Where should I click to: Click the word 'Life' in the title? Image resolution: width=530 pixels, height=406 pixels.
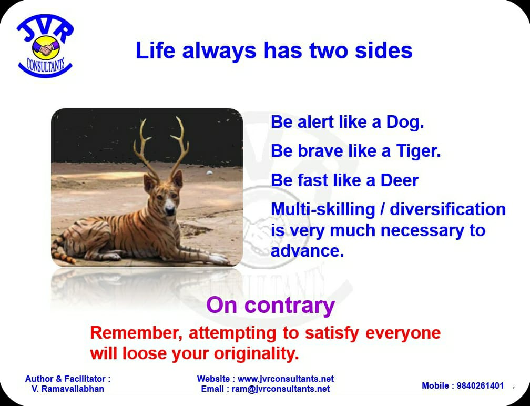155,50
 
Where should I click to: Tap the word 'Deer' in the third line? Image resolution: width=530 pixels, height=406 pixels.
400,180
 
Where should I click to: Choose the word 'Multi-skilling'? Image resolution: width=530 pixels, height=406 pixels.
323,210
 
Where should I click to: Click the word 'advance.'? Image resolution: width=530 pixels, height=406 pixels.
307,251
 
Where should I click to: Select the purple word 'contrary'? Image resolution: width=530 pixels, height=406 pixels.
289,306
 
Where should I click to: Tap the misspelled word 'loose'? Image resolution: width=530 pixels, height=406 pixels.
144,353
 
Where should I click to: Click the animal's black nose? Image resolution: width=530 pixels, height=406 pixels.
170,211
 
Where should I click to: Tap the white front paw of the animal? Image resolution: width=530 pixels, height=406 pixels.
219,259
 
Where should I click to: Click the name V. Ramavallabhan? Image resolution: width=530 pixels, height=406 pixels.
68,389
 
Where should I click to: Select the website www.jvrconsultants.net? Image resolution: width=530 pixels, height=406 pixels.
286,379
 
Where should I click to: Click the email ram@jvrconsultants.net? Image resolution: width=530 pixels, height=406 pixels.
281,389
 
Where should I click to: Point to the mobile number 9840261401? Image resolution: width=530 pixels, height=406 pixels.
481,385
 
